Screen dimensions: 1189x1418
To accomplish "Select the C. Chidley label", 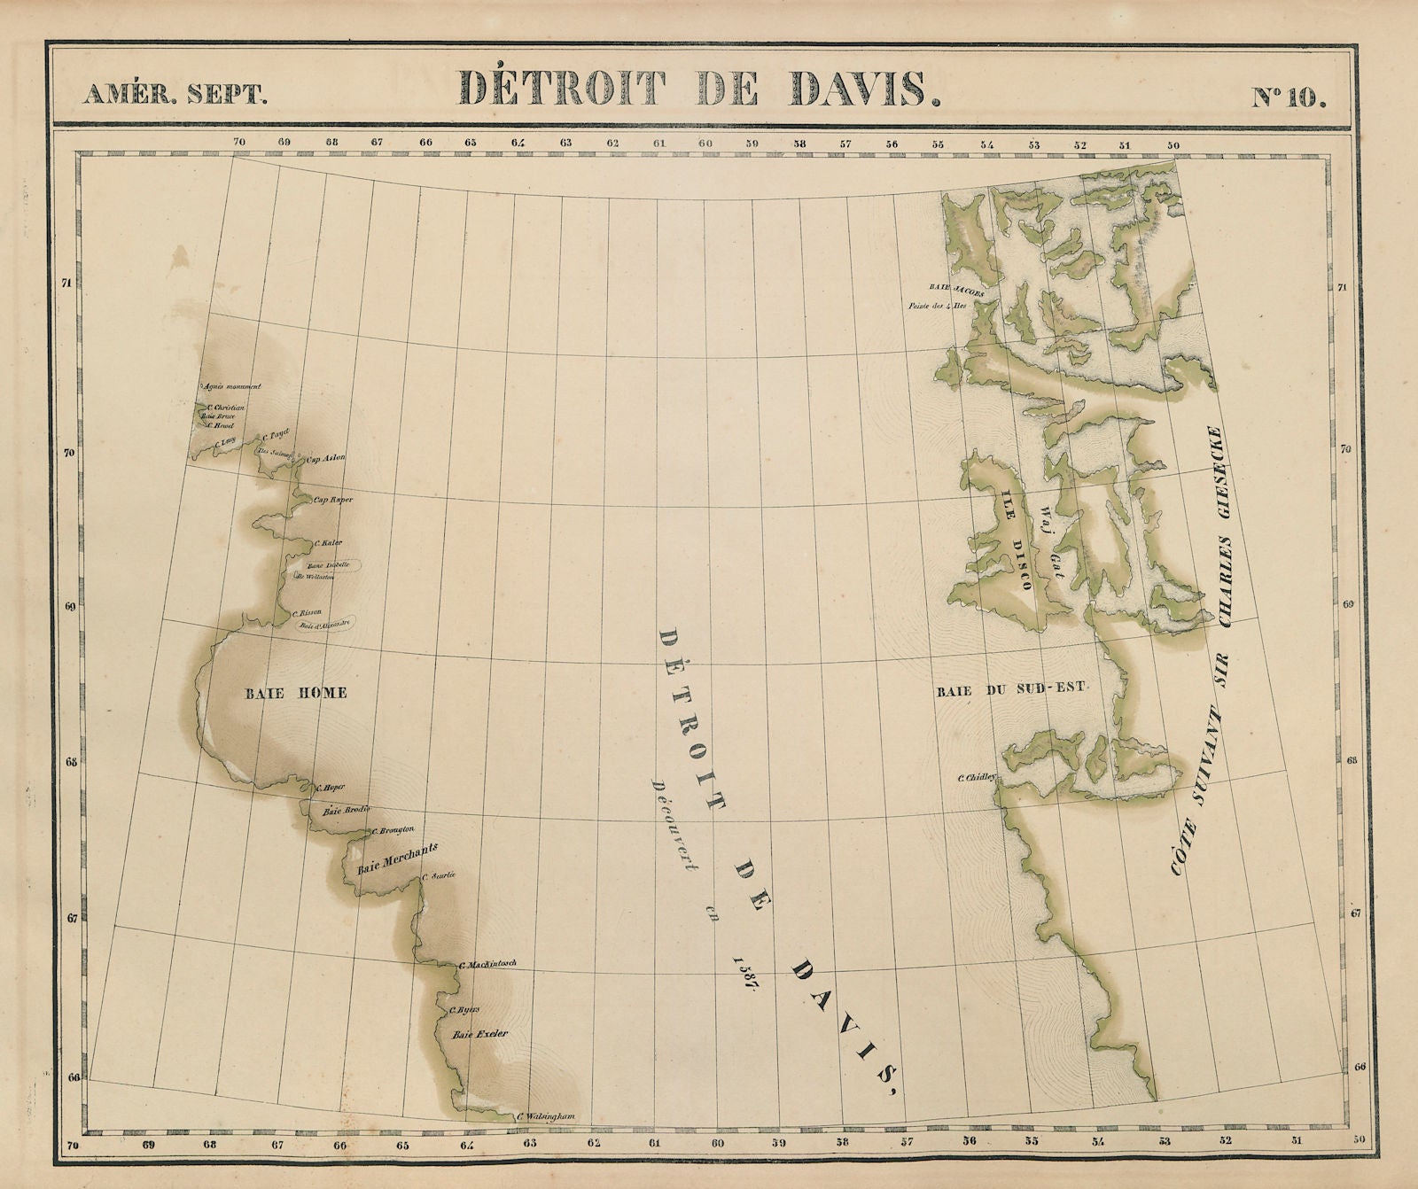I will click(977, 779).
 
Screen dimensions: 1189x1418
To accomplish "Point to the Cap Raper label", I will click(333, 500).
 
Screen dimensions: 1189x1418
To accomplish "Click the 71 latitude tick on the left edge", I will click(66, 284).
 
